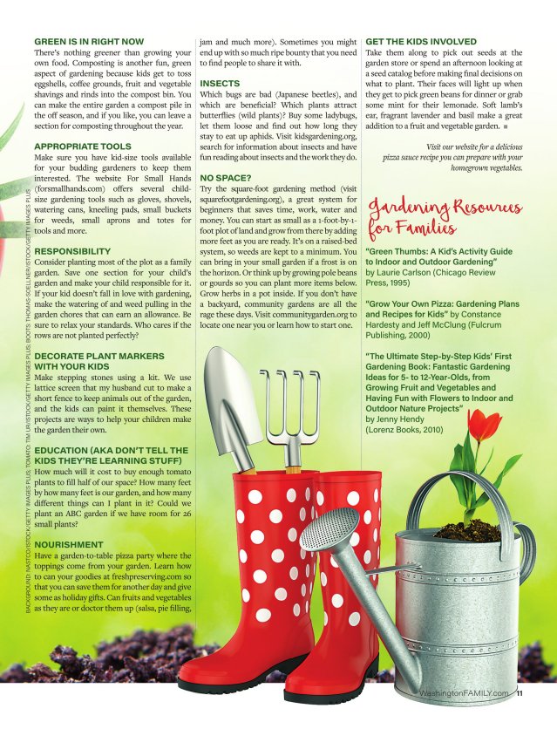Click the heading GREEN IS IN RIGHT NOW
click(89, 41)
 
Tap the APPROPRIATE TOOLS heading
click(83, 146)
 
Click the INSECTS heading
click(220, 83)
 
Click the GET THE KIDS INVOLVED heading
click(421, 41)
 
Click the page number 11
click(520, 694)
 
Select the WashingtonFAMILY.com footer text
click(463, 694)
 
